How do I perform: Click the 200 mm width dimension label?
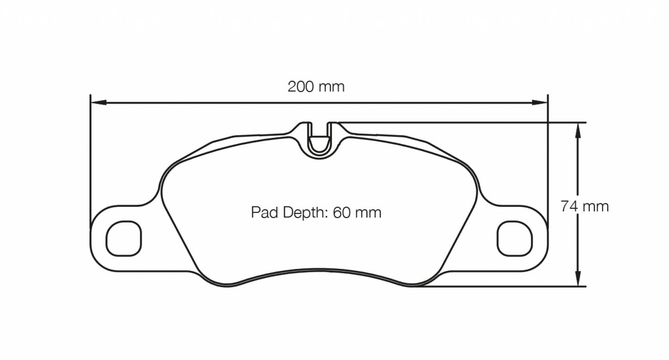(x=316, y=87)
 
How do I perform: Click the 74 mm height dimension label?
(x=584, y=206)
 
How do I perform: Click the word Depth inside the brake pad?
(x=303, y=213)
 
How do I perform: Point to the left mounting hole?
(x=124, y=238)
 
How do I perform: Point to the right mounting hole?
(x=514, y=238)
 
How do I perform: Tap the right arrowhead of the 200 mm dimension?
(x=540, y=102)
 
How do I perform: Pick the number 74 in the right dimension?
(x=569, y=206)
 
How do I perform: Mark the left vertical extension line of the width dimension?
(x=90, y=162)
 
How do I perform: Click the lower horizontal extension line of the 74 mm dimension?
(x=509, y=286)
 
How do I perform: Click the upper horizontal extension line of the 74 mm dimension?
(x=463, y=123)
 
